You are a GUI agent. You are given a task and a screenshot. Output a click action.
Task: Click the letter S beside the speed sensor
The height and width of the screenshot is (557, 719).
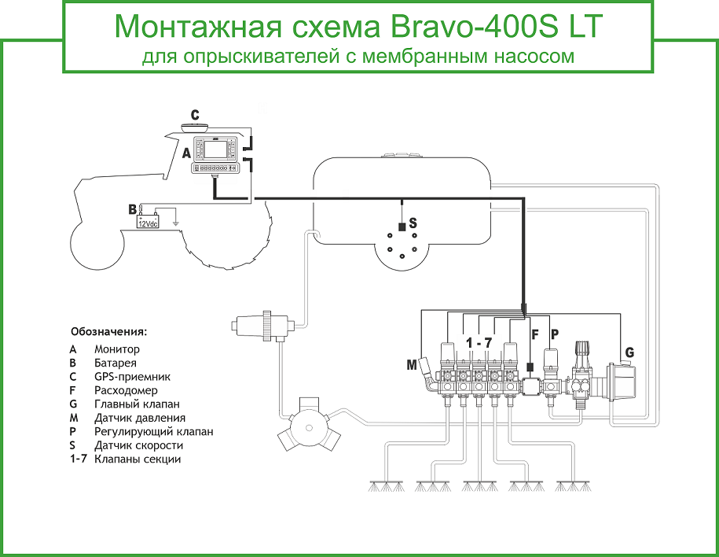coord(413,223)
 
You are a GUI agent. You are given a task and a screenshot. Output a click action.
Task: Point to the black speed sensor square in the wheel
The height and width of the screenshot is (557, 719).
coord(402,227)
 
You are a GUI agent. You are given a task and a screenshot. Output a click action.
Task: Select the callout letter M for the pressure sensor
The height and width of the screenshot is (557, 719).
coord(412,365)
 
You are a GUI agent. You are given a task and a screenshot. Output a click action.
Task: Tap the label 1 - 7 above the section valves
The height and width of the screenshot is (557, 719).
coord(479,343)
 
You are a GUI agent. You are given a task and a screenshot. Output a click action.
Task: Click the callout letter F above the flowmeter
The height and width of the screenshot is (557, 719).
coord(535,334)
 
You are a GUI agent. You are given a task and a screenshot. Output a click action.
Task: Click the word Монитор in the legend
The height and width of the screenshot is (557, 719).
coord(116,349)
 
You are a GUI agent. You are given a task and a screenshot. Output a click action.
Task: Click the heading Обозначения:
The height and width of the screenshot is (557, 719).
coord(108,331)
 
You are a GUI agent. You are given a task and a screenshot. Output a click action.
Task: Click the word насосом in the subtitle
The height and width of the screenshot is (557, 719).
coord(537,57)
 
